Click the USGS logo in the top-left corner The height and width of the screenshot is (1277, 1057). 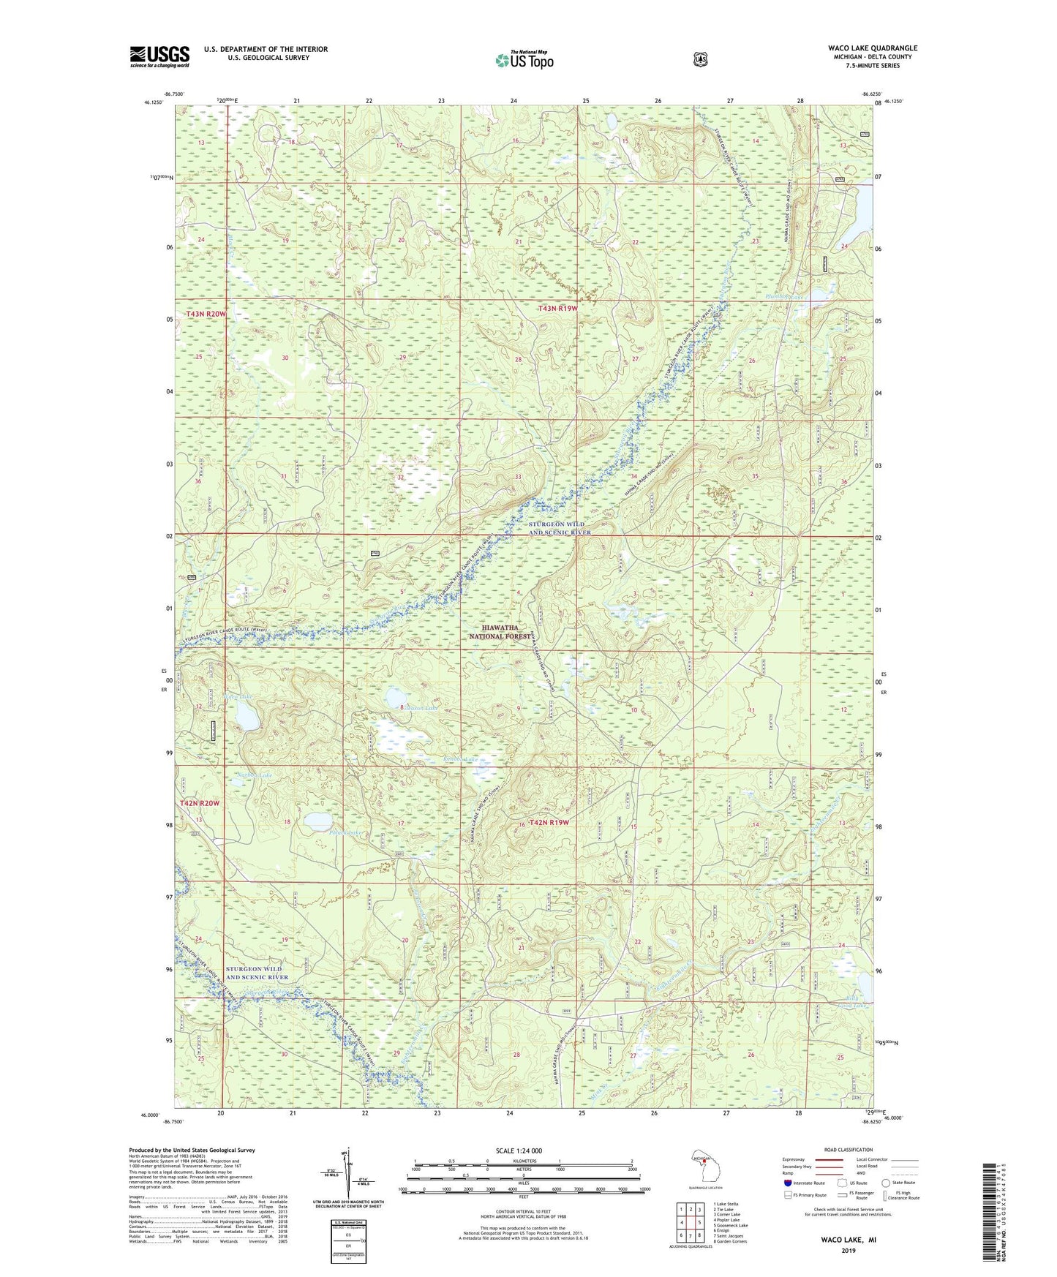pos(159,56)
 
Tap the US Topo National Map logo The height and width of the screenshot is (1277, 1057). pos(524,60)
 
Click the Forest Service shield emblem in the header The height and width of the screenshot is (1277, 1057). pos(700,59)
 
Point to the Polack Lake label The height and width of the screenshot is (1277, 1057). pos(326,832)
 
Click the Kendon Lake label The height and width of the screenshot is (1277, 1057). pos(461,759)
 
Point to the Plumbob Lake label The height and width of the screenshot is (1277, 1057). pos(785,297)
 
